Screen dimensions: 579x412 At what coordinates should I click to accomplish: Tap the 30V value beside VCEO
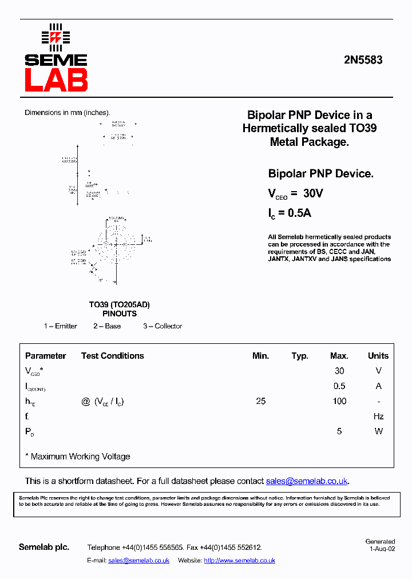pos(313,194)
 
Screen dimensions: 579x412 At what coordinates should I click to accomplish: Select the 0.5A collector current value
pos(299,213)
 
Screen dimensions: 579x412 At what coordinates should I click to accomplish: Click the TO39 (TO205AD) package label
pos(119,305)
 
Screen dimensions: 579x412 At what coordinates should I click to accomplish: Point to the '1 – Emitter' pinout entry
pos(61,326)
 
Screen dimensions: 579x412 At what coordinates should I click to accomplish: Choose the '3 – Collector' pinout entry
pos(163,326)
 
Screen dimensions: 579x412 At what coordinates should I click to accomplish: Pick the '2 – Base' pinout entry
pos(107,326)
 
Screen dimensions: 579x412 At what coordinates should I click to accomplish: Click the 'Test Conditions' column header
pos(113,356)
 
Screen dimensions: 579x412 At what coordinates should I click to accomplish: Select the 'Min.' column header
pos(260,356)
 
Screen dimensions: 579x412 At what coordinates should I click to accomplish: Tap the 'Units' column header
pos(378,356)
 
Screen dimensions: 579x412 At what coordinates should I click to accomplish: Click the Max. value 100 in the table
pos(339,401)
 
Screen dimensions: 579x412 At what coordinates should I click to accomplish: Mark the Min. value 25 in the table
pos(260,401)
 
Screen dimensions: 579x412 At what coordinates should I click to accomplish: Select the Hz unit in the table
pos(378,417)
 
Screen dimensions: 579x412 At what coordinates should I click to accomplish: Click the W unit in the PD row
pos(378,431)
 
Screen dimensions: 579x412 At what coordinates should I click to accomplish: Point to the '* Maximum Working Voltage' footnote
pos(78,457)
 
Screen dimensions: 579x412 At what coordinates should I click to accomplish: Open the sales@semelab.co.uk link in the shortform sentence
pos(307,481)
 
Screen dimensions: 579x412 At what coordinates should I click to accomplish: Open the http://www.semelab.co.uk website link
pos(239,561)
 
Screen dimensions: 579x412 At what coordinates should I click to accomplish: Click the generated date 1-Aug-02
pos(382,549)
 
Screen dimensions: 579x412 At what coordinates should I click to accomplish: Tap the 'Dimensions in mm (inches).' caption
pos(67,113)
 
